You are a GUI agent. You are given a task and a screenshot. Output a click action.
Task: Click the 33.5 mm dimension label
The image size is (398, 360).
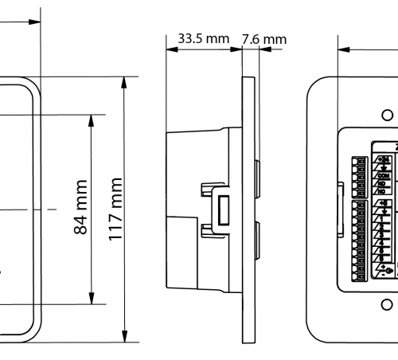tap(203, 37)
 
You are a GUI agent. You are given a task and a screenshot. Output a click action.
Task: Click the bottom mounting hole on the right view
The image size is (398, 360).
tap(386, 305)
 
